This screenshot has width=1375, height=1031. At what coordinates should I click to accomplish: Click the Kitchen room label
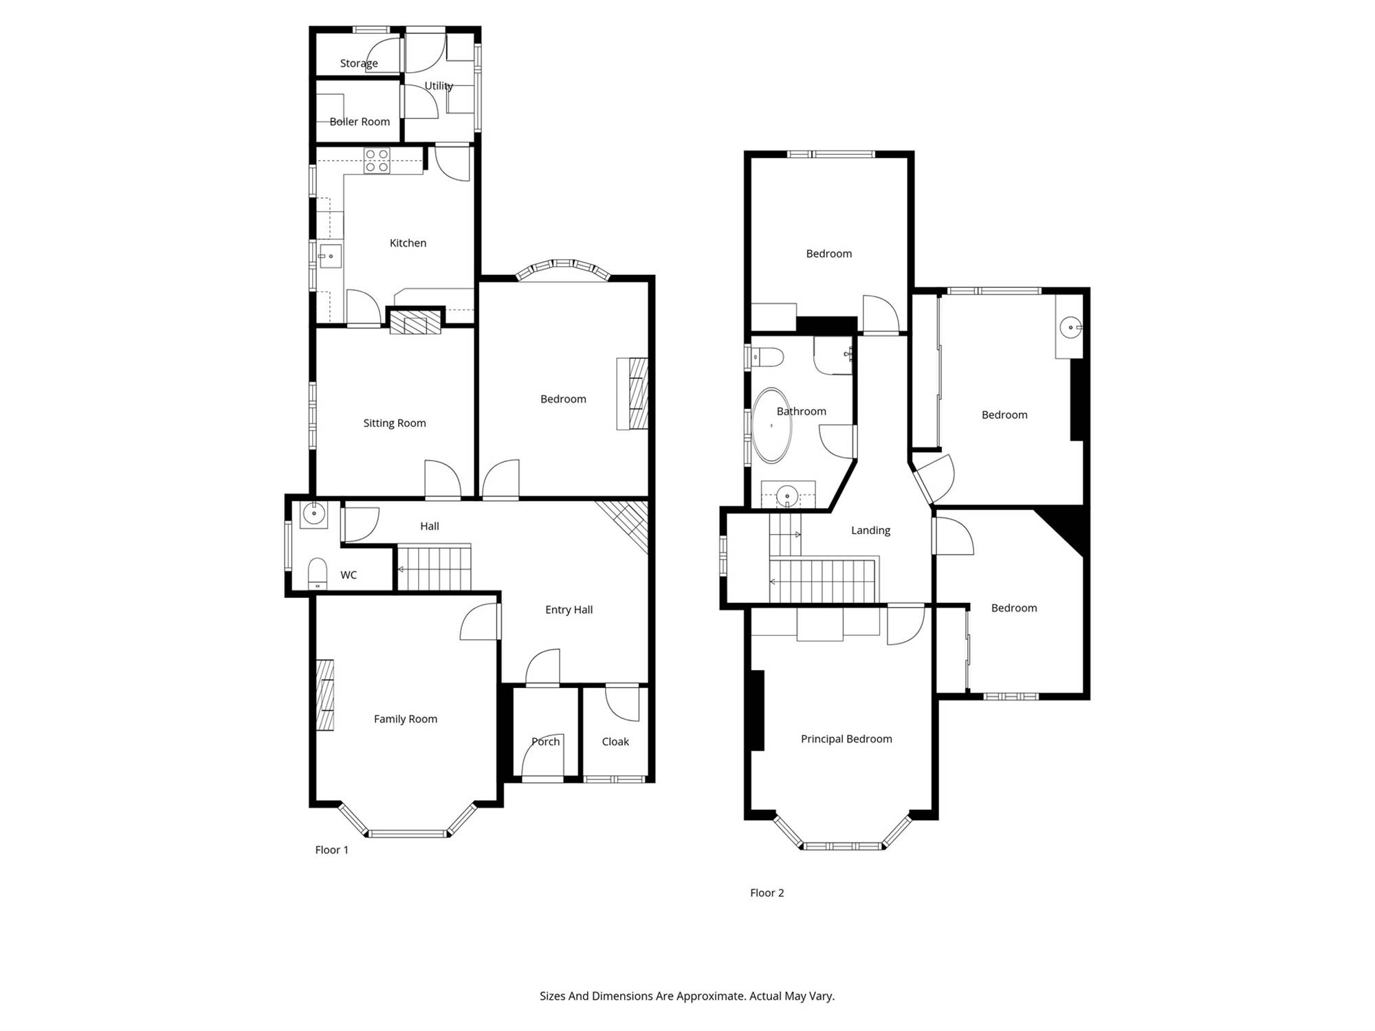[x=408, y=243]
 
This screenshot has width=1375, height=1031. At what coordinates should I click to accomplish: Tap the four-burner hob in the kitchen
[x=377, y=161]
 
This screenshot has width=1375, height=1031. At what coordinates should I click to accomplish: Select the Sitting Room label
[x=395, y=423]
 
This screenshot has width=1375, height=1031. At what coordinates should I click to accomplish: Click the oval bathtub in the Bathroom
[x=772, y=425]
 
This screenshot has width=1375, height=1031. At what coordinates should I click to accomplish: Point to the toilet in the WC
[x=317, y=573]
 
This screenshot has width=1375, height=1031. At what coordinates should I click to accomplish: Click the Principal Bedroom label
[x=846, y=739]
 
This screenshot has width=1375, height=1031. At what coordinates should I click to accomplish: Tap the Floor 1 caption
[x=331, y=850]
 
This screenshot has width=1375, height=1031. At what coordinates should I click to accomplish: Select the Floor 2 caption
[x=767, y=893]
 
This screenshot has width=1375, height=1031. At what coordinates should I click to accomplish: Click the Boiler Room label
[x=360, y=122]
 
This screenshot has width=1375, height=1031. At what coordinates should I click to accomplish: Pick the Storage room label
[x=359, y=63]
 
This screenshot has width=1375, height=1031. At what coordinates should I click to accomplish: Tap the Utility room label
[x=439, y=86]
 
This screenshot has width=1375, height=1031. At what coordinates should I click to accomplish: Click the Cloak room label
[x=615, y=742]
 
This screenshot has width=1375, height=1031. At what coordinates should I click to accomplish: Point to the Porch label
[x=546, y=742]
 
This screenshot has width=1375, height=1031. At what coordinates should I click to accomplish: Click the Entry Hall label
[x=569, y=610]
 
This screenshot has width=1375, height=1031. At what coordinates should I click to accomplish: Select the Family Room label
[x=406, y=719]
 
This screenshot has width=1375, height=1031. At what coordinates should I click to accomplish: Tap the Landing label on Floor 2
[x=870, y=531]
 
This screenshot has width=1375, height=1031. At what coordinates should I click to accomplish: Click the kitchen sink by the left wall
[x=330, y=256]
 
